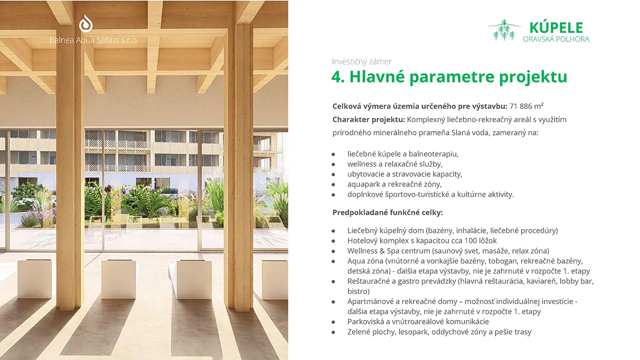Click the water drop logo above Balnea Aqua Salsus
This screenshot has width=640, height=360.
click(85, 23)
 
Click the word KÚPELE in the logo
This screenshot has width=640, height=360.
click(556, 27)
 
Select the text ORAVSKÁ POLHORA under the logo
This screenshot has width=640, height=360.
click(556, 39)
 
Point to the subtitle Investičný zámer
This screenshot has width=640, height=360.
click(361, 61)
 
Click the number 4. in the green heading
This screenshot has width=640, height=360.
click(338, 76)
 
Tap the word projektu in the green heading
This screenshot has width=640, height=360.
click(533, 77)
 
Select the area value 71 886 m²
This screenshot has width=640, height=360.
click(526, 106)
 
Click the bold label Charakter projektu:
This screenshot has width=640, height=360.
click(368, 119)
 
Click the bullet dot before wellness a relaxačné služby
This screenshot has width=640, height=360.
click(333, 164)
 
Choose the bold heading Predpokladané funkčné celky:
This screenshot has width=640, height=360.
click(387, 212)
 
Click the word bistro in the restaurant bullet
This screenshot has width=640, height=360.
click(358, 291)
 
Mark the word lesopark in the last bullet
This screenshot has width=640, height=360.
click(413, 332)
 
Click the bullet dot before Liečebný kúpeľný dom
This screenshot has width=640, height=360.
click(333, 231)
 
